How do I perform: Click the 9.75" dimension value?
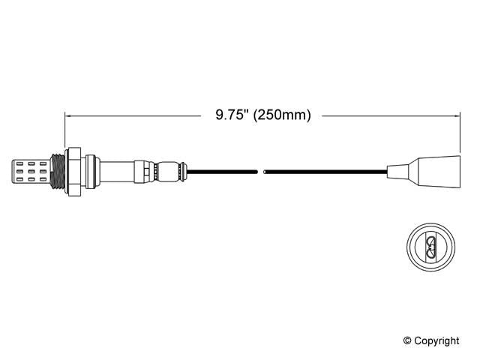tap(233, 115)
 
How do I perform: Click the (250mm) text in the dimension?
tap(282, 115)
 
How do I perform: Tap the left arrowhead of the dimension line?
tap(69, 115)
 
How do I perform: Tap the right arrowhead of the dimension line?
tap(456, 115)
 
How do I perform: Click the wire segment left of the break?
tap(225, 172)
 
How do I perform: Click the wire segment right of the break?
tap(322, 172)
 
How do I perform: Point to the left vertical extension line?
tap(65, 131)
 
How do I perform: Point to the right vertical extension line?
tap(460, 131)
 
